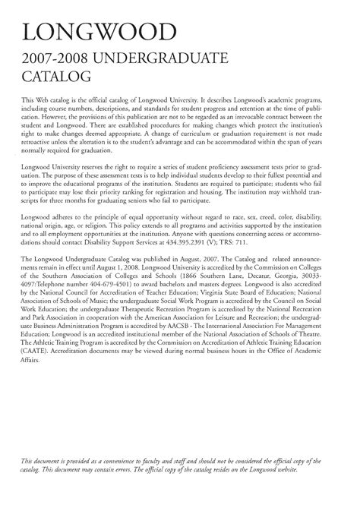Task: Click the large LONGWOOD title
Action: (100, 33)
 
